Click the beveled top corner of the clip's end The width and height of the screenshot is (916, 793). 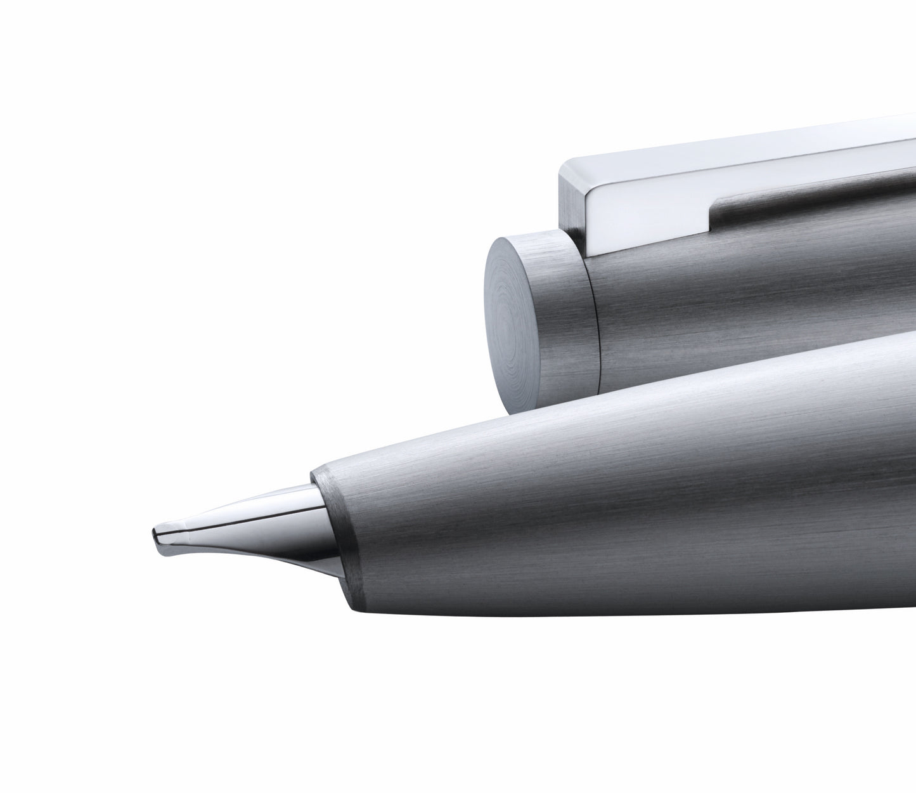[x=560, y=166]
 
